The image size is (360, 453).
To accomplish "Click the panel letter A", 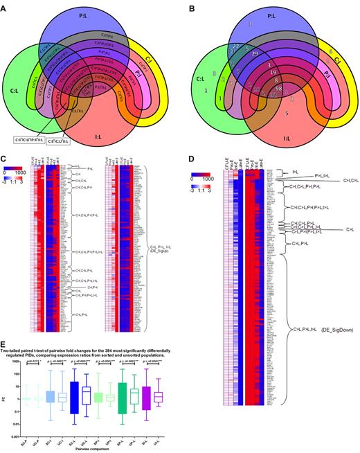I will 6,6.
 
